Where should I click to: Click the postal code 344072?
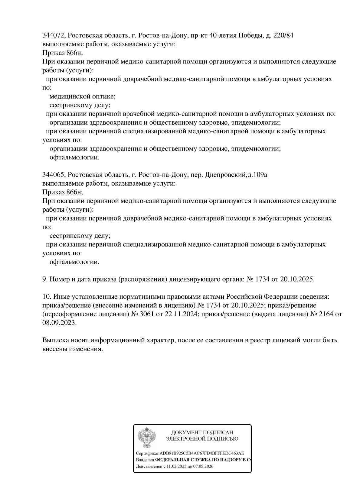53,35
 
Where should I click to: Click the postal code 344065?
53,175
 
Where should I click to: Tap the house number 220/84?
283,35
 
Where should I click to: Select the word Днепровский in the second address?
225,175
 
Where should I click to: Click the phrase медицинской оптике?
82,96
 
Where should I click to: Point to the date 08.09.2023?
59,323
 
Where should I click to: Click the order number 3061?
146,314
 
